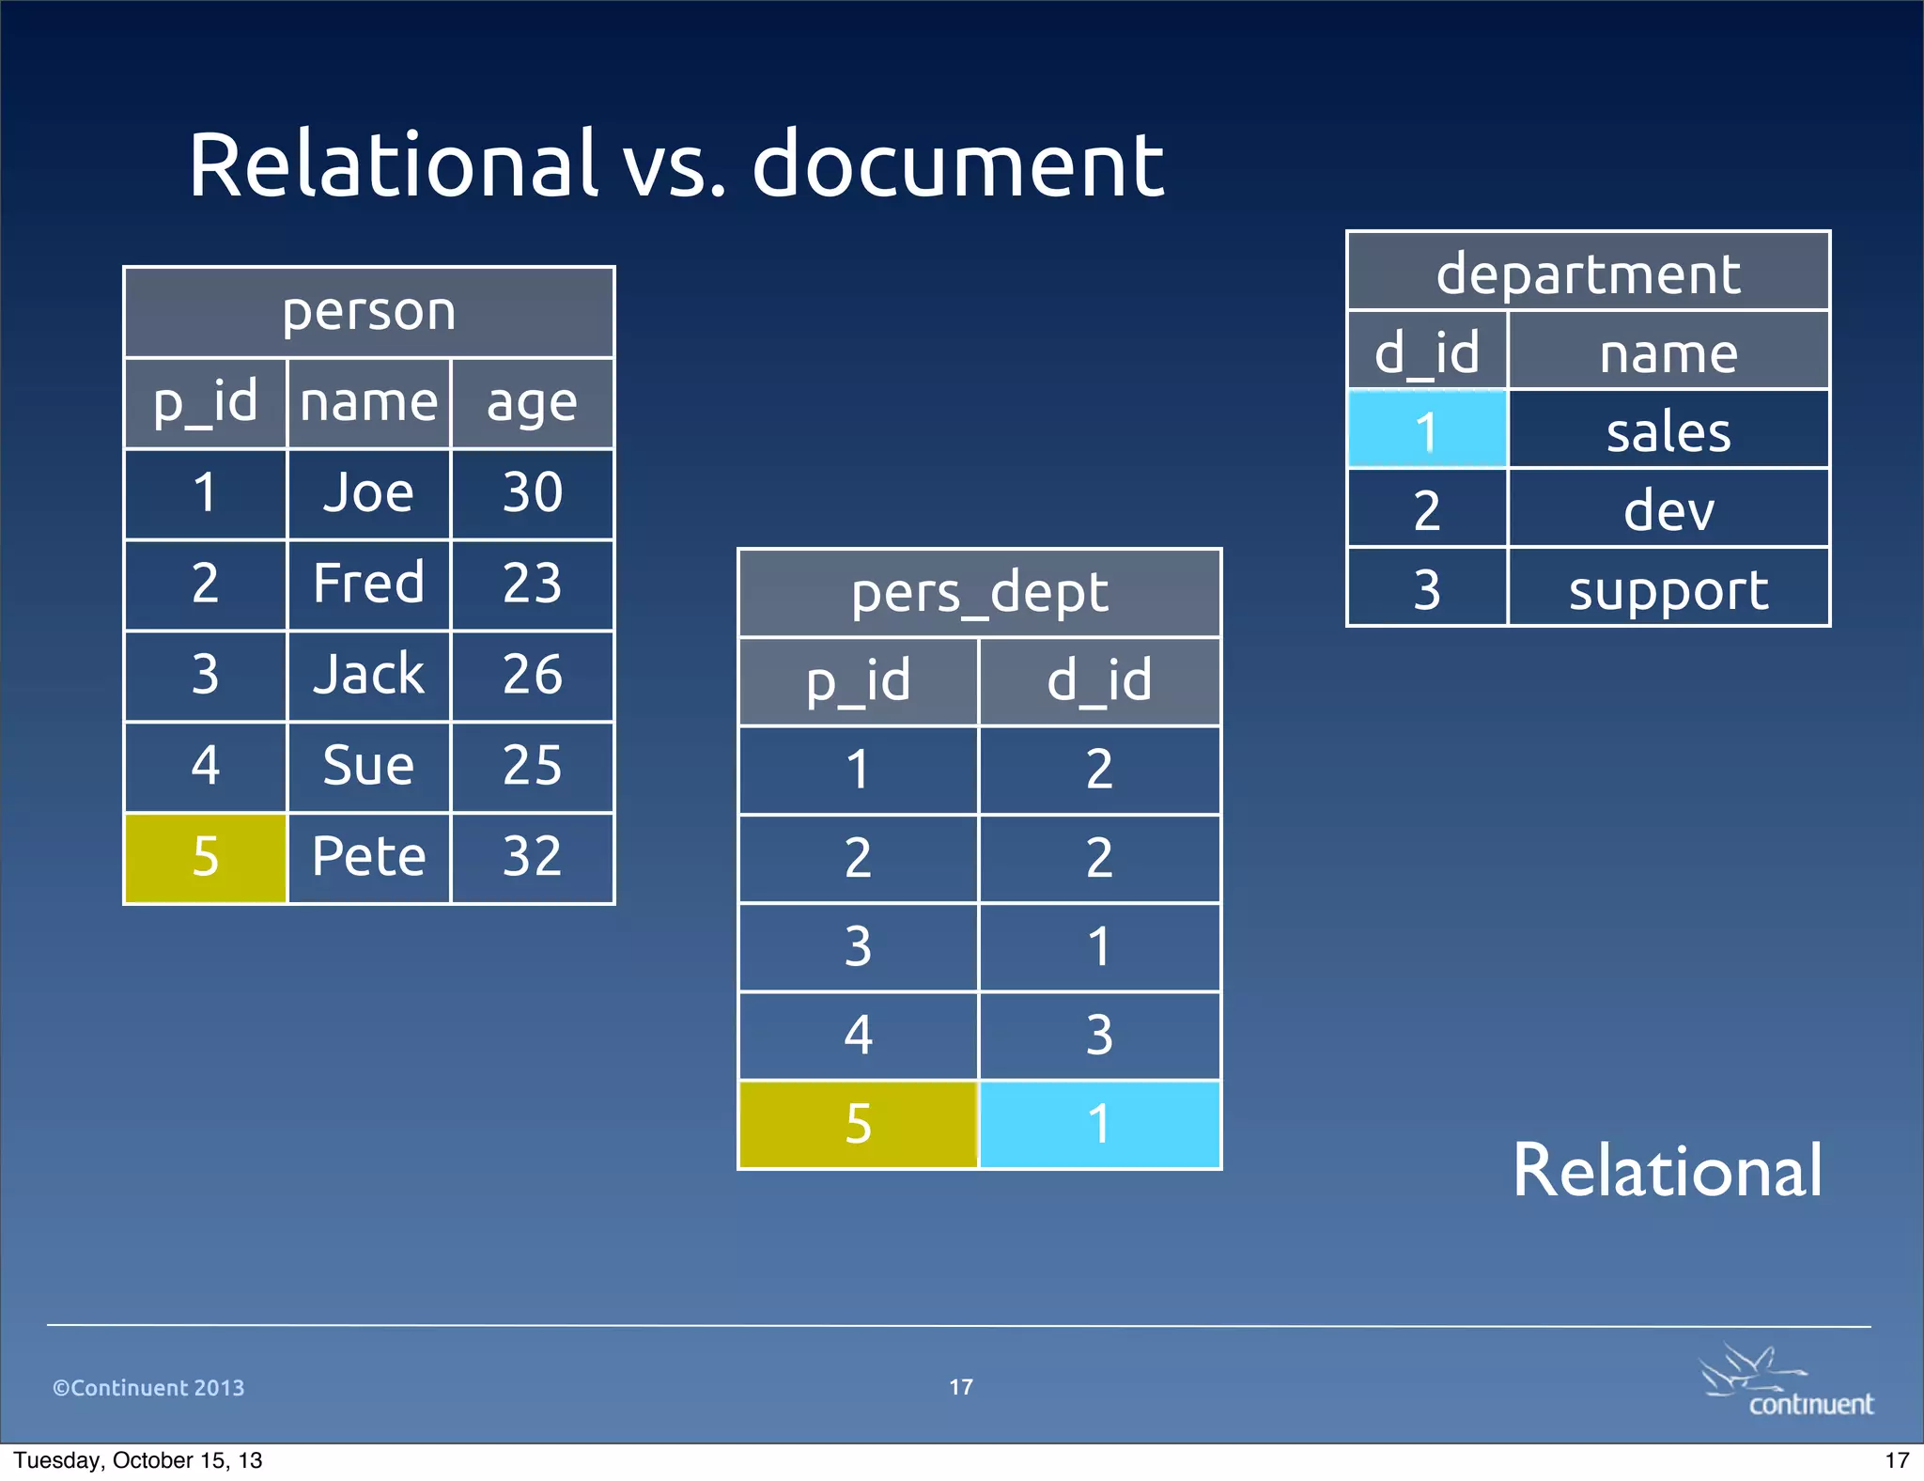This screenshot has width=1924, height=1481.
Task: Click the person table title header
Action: (368, 311)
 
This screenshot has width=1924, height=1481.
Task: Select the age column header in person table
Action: (532, 403)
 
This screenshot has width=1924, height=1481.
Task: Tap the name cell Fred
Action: (368, 583)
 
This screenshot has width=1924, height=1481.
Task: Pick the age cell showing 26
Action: (532, 674)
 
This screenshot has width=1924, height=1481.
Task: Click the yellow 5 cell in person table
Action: (205, 857)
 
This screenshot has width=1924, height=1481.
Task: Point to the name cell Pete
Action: (368, 857)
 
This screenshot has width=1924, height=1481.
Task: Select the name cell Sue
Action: (368, 765)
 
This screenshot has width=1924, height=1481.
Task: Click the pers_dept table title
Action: (979, 593)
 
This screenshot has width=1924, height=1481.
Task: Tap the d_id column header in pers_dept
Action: (1099, 681)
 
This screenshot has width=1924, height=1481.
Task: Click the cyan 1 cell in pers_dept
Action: (1099, 1124)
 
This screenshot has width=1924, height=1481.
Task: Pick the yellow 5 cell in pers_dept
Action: (858, 1124)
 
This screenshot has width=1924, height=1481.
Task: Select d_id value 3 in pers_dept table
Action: (1099, 1035)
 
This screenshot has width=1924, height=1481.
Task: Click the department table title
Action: (1588, 273)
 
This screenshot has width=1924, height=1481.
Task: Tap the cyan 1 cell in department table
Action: (1426, 431)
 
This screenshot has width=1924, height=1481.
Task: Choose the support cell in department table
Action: (1668, 589)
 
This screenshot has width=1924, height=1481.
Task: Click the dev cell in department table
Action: (1668, 510)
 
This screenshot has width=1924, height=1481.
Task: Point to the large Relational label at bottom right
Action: (1667, 1171)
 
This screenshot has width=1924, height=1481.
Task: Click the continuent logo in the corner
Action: (1785, 1382)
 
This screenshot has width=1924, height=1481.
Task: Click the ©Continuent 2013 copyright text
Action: (148, 1387)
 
